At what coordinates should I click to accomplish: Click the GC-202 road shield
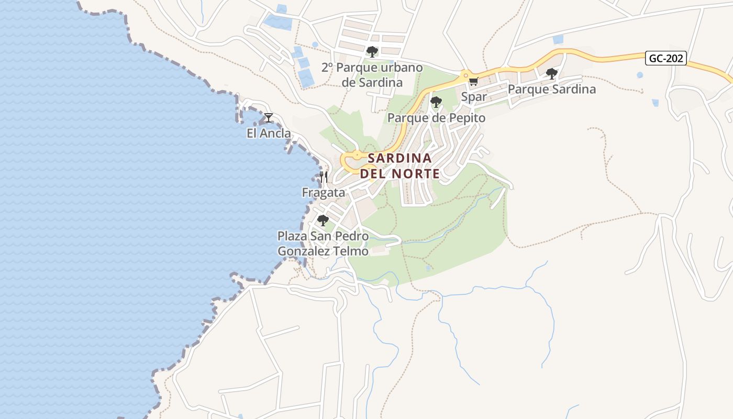click(x=666, y=58)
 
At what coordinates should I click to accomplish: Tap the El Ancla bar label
click(x=269, y=133)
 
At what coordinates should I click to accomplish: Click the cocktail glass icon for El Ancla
click(x=269, y=118)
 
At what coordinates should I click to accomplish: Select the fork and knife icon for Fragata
click(x=324, y=177)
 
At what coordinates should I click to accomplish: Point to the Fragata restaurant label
click(x=324, y=193)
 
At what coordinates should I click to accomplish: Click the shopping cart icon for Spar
click(x=474, y=81)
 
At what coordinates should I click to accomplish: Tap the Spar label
click(x=474, y=97)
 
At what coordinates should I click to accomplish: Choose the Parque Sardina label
click(x=552, y=89)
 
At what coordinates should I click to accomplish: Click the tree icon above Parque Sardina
click(x=551, y=73)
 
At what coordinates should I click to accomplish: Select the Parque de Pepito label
click(x=436, y=118)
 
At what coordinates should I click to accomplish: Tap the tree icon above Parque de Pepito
click(x=436, y=102)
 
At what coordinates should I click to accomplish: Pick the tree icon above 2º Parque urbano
click(x=372, y=52)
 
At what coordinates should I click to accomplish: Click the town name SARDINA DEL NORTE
click(x=399, y=166)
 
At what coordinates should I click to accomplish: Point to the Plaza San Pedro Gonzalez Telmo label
click(x=323, y=244)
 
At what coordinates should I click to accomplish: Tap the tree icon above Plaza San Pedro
click(x=323, y=220)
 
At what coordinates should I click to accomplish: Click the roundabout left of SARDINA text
click(x=357, y=155)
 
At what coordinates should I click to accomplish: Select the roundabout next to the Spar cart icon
click(x=464, y=75)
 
